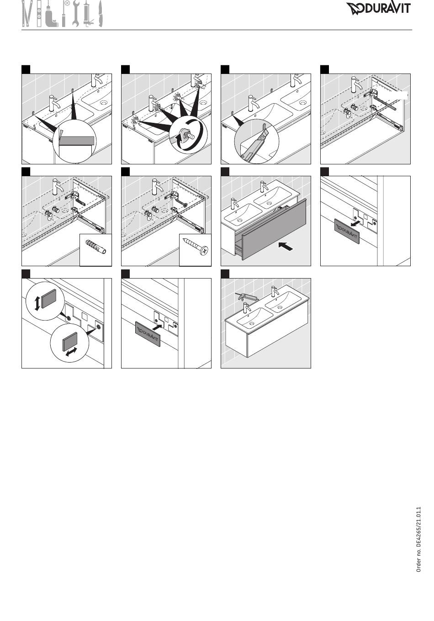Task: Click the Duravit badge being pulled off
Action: [348, 232]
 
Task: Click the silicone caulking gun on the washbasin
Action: [247, 298]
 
